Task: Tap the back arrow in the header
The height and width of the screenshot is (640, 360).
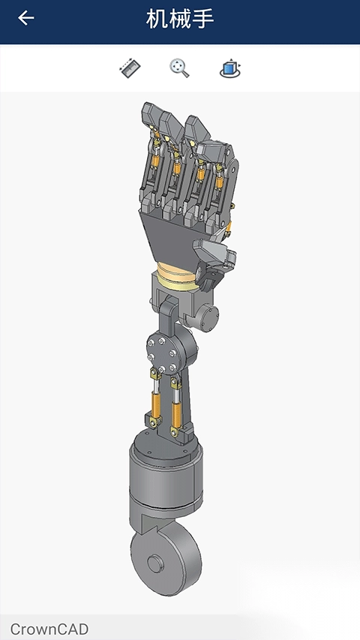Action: click(x=25, y=18)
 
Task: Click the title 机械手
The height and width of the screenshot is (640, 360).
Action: click(x=180, y=19)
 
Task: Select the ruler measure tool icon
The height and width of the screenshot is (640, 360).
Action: click(x=130, y=68)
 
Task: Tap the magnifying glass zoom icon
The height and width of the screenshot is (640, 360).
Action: click(x=179, y=68)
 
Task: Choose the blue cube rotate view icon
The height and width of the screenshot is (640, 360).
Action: click(x=230, y=68)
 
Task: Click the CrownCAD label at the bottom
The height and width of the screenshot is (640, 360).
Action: click(x=49, y=629)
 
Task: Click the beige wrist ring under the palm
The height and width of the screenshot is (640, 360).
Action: click(x=178, y=276)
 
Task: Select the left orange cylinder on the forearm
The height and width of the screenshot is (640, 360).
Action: click(x=156, y=404)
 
